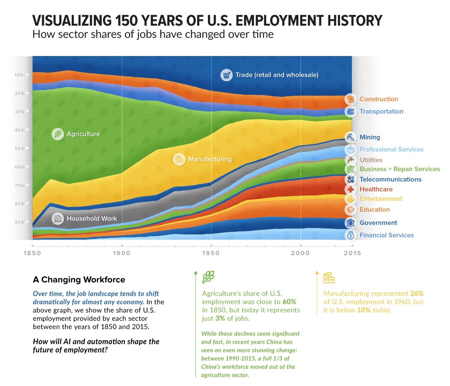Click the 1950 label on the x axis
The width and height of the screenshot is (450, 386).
click(x=211, y=253)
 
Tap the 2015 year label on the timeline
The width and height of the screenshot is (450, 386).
click(x=352, y=253)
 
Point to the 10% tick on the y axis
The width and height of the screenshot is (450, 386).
click(x=19, y=75)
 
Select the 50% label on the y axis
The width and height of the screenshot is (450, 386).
click(x=19, y=148)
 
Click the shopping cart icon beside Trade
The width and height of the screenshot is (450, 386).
click(x=226, y=75)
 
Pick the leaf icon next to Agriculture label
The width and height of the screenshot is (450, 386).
click(x=58, y=134)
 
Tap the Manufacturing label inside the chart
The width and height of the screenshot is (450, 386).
click(x=210, y=159)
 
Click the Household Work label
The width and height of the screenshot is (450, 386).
click(x=92, y=218)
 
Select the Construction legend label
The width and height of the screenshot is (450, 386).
click(x=379, y=99)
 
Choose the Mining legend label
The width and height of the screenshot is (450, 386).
click(x=370, y=137)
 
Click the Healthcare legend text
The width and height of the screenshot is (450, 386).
click(x=376, y=189)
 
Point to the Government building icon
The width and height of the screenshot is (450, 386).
click(x=351, y=223)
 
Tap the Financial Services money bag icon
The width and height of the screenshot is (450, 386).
click(x=351, y=235)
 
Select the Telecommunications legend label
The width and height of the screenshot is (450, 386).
click(x=390, y=179)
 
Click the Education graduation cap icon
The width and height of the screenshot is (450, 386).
click(x=351, y=210)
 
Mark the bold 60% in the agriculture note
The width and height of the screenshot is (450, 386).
click(x=289, y=302)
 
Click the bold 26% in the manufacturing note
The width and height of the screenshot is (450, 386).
click(x=417, y=294)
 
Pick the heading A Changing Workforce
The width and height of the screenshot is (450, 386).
click(x=79, y=280)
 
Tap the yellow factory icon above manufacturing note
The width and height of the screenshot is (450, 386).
click(x=329, y=278)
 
